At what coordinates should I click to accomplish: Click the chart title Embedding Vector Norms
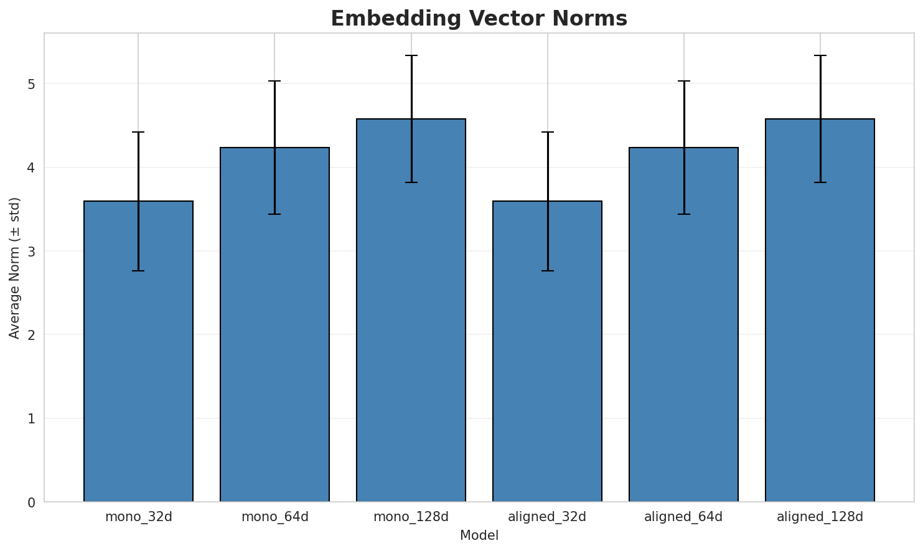coord(479,19)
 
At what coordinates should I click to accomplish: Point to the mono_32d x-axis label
coord(138,517)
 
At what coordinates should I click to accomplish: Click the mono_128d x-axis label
coord(411,517)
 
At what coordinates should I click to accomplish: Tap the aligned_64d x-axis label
coord(683,517)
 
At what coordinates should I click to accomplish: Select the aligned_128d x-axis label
coord(820,517)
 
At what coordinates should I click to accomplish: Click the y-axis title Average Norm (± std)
coord(15,268)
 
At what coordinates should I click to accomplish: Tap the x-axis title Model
coord(479,535)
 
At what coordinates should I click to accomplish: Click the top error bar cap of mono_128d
coord(411,55)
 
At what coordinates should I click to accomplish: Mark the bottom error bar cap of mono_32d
coord(138,271)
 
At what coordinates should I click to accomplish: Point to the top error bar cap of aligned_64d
coord(683,81)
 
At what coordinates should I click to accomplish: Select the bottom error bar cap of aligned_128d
coord(820,182)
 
